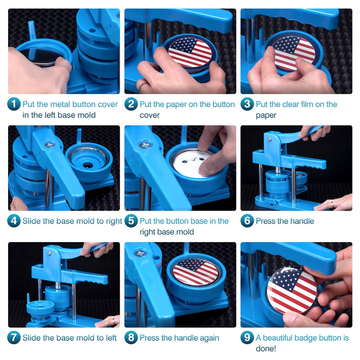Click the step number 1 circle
(x=14, y=104)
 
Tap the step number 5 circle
(x=131, y=220)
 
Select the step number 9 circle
(x=247, y=337)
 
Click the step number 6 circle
(x=247, y=220)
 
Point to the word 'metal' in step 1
(x=60, y=104)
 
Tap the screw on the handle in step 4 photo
(x=49, y=145)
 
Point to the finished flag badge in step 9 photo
(x=292, y=290)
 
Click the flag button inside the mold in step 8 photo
(x=195, y=272)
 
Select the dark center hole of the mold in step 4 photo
(x=87, y=165)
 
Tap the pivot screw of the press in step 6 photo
(x=270, y=139)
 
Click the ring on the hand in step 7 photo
(x=114, y=320)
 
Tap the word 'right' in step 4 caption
(x=114, y=221)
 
